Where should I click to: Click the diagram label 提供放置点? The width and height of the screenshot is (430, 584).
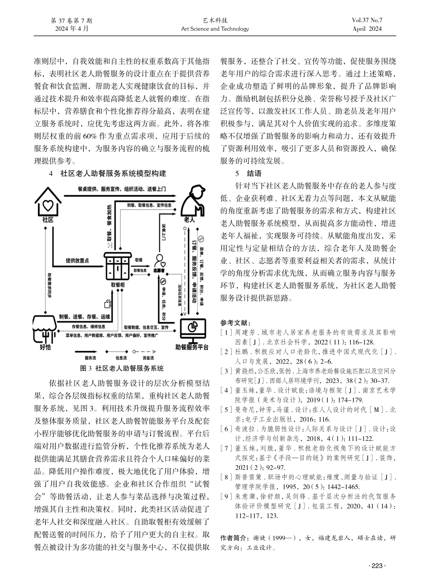[x=77, y=260]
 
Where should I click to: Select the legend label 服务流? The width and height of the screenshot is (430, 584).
[x=84, y=358]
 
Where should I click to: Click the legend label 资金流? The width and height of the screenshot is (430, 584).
[x=148, y=358]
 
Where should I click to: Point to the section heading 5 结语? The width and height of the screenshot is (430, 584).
[x=247, y=173]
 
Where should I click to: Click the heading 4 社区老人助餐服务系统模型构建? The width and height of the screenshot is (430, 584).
[x=107, y=173]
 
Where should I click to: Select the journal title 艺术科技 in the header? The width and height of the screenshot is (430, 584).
[x=215, y=21]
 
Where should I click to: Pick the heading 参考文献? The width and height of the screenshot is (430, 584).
[x=234, y=323]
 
